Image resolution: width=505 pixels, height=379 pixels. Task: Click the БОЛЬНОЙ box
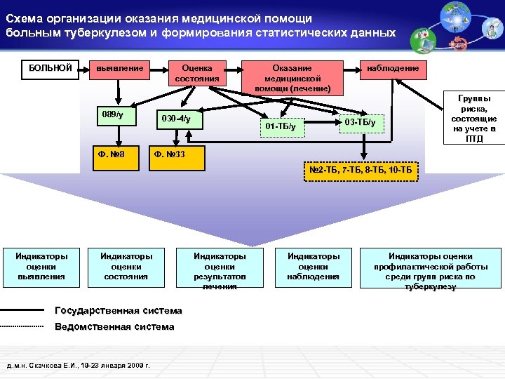pyautogui.click(x=50, y=68)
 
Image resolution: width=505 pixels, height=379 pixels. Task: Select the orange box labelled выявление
pyautogui.click(x=121, y=68)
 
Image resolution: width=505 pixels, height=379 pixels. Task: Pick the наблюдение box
pyautogui.click(x=393, y=68)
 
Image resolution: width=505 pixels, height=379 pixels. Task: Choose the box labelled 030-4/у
pyautogui.click(x=178, y=120)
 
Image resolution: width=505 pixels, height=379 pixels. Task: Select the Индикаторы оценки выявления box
pyautogui.click(x=41, y=266)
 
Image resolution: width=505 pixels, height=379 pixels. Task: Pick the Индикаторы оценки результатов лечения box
pyautogui.click(x=220, y=270)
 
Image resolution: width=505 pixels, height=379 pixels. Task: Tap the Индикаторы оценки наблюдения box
pyautogui.click(x=314, y=266)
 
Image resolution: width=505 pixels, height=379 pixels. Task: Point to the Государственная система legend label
pyautogui.click(x=118, y=310)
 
